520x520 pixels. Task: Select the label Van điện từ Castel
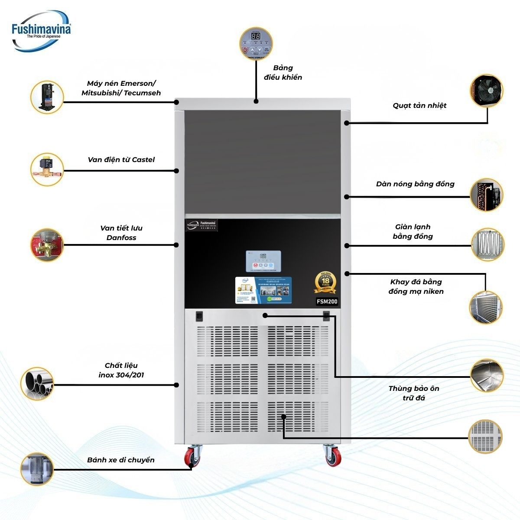[x=121, y=160]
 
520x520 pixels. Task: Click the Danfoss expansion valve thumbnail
[x=47, y=245]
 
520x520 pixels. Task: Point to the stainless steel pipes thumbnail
[x=37, y=384]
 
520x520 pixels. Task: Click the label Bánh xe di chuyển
[x=120, y=460]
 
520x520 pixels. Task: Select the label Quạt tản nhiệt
[x=419, y=106]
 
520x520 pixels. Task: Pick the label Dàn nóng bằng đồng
[x=415, y=184]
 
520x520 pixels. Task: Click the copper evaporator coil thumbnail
[x=487, y=245]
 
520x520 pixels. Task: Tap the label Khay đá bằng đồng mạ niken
[x=416, y=287]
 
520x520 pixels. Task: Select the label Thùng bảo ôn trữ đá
[x=413, y=393]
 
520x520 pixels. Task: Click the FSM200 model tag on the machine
[x=326, y=302]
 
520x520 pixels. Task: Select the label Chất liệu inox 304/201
[x=121, y=370]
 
